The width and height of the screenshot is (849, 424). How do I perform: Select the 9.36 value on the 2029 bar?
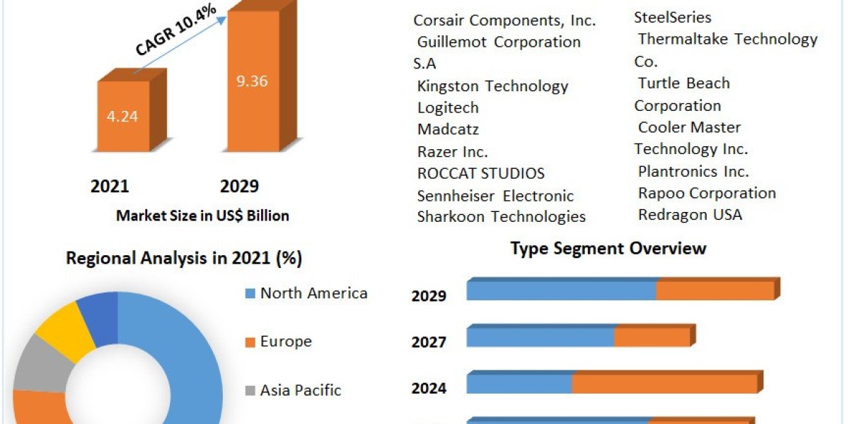coord(252,81)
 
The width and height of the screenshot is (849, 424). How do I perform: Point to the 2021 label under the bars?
coord(110,186)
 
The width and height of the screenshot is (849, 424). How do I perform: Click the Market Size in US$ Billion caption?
coord(202,216)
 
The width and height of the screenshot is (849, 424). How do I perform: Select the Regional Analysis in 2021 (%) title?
coord(184,259)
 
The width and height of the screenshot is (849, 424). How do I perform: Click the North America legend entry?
coord(313,293)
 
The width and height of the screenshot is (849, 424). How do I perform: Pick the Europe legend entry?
coord(285,341)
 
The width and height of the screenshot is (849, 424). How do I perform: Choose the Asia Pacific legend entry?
coord(300,390)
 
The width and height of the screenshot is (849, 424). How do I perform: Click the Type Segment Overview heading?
coord(608,249)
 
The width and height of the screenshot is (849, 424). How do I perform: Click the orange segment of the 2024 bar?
coord(664,384)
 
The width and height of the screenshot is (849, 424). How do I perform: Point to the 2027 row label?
coord(429,343)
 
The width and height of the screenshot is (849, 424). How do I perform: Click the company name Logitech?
coord(448,107)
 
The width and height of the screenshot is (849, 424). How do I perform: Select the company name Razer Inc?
coord(452,152)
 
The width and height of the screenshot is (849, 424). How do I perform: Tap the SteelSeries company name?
coord(672,17)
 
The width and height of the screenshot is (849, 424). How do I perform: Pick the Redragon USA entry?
coord(690,215)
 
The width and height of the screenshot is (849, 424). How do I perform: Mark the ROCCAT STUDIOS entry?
coord(480,173)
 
